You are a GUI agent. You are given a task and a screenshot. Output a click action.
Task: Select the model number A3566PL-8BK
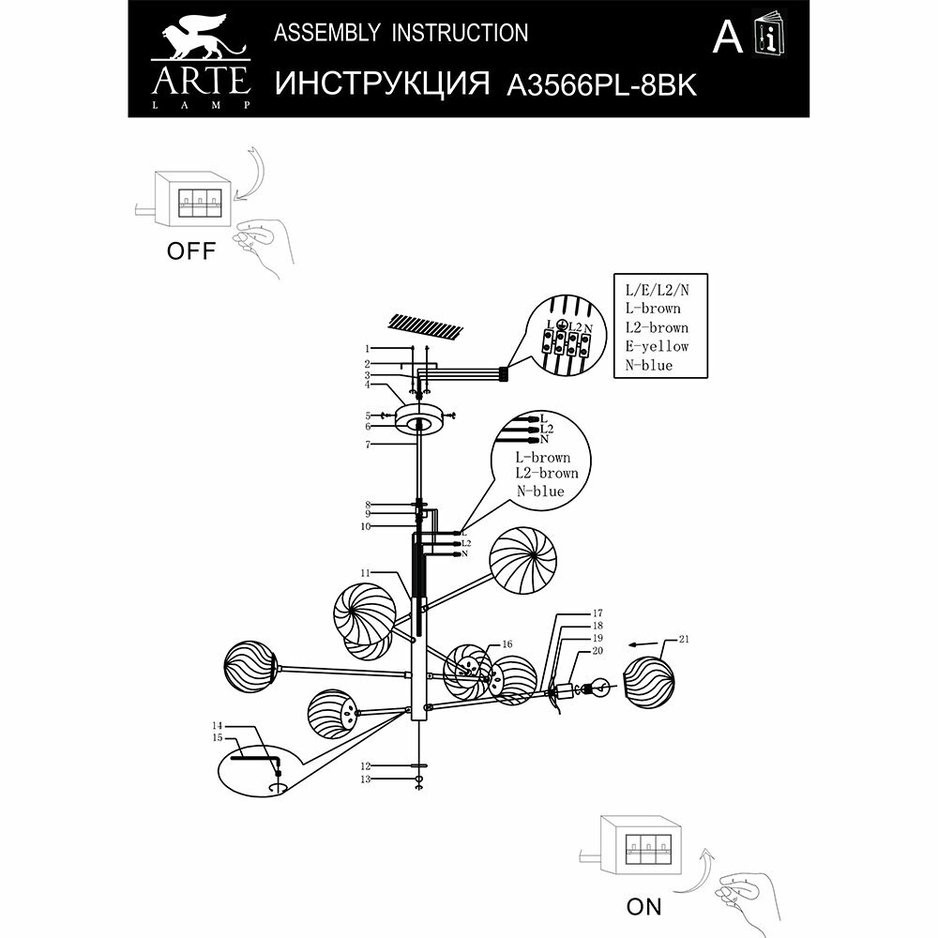point(601,85)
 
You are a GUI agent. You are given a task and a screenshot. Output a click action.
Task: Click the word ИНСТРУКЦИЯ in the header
point(385,84)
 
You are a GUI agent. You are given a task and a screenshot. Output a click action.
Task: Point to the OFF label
point(190,250)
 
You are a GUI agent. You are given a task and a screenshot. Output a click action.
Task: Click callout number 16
point(507,644)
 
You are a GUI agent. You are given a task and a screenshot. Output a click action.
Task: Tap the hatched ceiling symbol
point(425,325)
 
